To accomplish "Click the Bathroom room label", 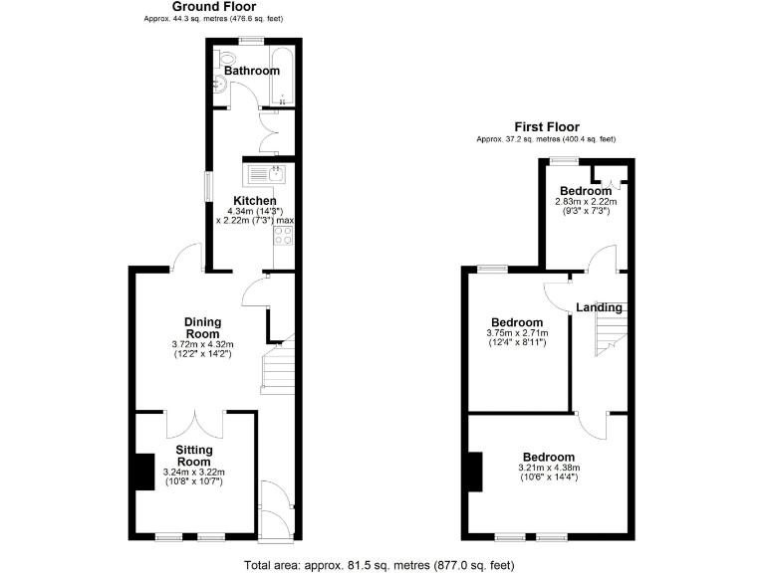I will click(251, 72).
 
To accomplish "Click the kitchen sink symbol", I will click(266, 176).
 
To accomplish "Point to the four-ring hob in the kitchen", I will click(281, 236).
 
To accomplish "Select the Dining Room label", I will click(202, 327).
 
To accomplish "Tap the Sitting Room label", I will click(193, 456).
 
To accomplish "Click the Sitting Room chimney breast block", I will click(144, 471).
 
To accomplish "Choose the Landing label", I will click(599, 307).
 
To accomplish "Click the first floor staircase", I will click(607, 330).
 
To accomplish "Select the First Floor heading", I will click(546, 126).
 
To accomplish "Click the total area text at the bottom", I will click(379, 565).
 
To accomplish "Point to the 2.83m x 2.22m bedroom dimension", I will click(585, 202).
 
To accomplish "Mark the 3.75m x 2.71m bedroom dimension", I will click(516, 333).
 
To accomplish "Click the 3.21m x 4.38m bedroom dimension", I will click(548, 469).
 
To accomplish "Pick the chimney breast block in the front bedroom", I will click(474, 471).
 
